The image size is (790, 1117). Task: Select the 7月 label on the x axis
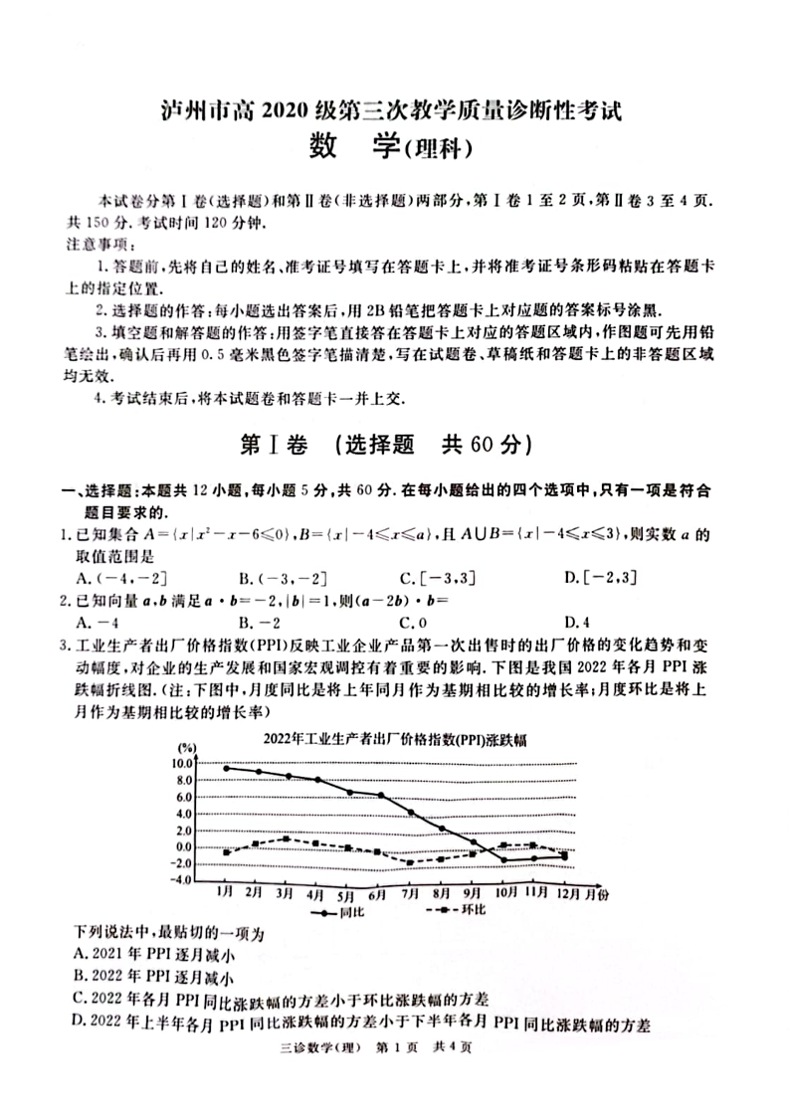point(409,893)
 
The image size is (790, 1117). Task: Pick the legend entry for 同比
point(337,910)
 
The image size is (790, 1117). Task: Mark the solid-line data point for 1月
point(227,768)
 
